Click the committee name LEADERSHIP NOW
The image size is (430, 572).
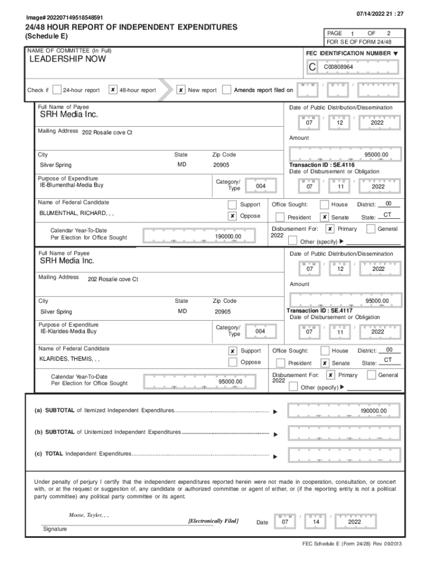pyautogui.click(x=67, y=59)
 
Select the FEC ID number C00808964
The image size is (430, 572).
pyautogui.click(x=338, y=67)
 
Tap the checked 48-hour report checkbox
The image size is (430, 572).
pyautogui.click(x=113, y=90)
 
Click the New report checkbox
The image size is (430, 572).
pyautogui.click(x=181, y=90)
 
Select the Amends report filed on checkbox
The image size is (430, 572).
pyautogui.click(x=227, y=90)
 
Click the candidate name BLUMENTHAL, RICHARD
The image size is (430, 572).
pyautogui.click(x=77, y=213)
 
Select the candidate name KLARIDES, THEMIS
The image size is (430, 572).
pyautogui.click(x=70, y=360)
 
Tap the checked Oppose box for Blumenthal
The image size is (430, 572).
pyautogui.click(x=232, y=216)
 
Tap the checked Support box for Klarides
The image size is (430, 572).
pyautogui.click(x=232, y=351)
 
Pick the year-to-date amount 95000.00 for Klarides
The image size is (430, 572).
pyautogui.click(x=230, y=382)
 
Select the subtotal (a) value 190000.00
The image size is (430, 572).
pyautogui.click(x=372, y=411)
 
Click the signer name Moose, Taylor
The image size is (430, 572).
pyautogui.click(x=88, y=514)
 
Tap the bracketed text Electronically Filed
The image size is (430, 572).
pyautogui.click(x=214, y=521)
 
